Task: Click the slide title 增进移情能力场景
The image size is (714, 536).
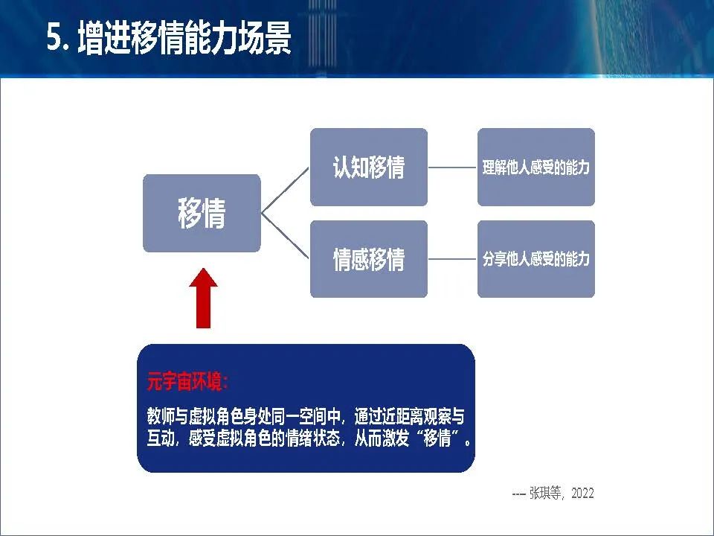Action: [184, 38]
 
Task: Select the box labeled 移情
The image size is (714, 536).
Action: [202, 214]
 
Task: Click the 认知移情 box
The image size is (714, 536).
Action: [369, 167]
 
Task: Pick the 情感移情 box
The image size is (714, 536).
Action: [369, 259]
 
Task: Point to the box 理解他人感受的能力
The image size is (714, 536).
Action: [536, 167]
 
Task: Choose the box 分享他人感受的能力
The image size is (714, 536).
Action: [536, 259]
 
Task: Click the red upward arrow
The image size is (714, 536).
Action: [204, 299]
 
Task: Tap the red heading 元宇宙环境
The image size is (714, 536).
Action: [187, 381]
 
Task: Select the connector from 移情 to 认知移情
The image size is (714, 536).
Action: [285, 190]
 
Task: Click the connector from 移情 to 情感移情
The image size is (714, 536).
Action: [285, 236]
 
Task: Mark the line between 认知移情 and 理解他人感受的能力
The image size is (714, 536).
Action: [453, 167]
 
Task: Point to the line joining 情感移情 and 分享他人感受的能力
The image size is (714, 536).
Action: [453, 259]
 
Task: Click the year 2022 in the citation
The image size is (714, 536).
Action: [582, 493]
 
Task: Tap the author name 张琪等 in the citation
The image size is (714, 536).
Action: [545, 493]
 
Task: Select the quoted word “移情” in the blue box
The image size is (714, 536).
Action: [437, 438]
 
